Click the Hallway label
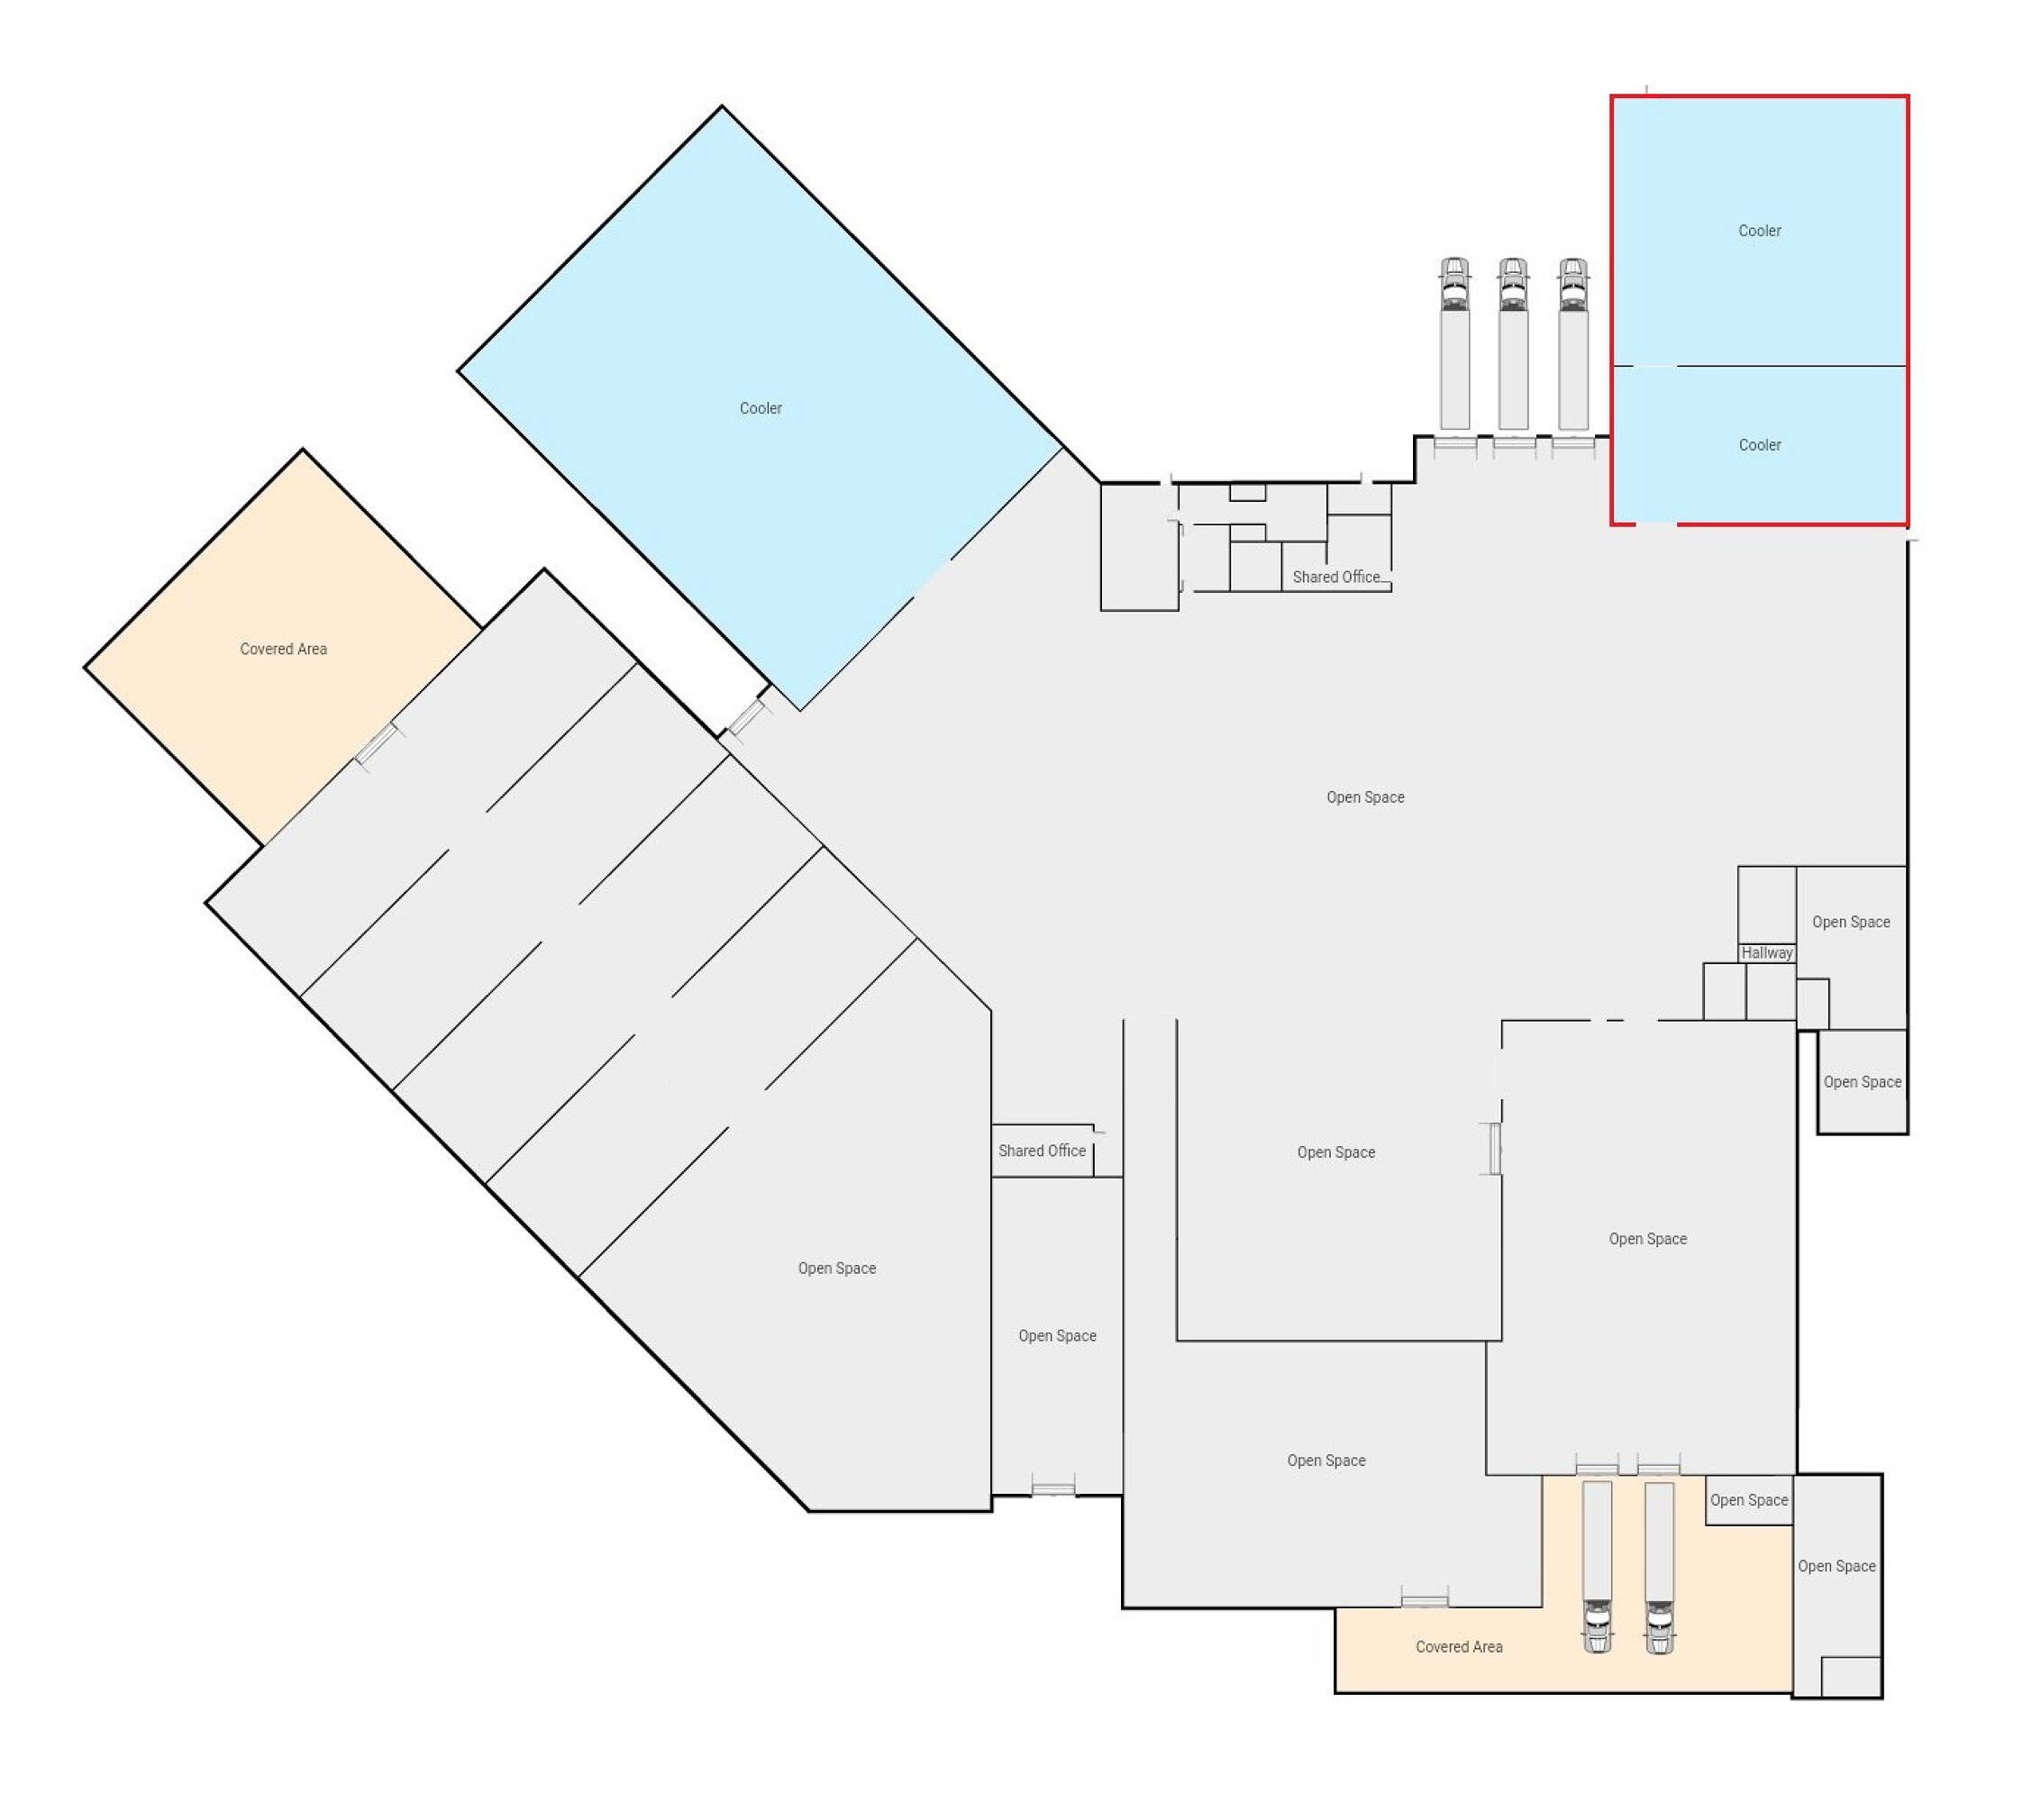click(1766, 952)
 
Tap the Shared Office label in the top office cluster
click(1336, 577)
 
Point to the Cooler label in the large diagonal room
click(761, 408)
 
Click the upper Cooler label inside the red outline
click(1760, 231)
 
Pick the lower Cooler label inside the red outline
click(1760, 445)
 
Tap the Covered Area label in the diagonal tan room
click(284, 649)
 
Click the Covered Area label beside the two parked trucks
click(1459, 1646)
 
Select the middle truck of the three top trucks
click(1514, 344)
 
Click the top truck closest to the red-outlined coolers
click(1572, 344)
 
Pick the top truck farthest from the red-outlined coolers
click(1455, 344)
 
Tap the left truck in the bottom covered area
click(1598, 1568)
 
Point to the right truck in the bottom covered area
click(1660, 1568)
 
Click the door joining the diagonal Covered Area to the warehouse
click(378, 745)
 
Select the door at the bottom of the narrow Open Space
click(1053, 1489)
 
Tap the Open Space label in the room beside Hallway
click(1850, 923)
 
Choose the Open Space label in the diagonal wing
click(837, 1268)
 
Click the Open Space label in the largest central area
click(1365, 796)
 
